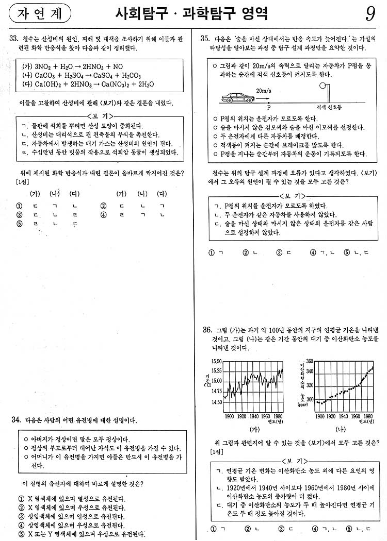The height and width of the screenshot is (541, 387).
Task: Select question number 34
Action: click(x=15, y=420)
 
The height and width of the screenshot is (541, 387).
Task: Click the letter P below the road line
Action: click(x=269, y=108)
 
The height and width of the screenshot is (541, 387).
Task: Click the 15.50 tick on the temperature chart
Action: click(x=217, y=362)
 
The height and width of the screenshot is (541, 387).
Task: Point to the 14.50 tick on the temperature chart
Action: click(x=217, y=402)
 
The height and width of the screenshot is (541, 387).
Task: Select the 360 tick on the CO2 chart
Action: click(x=310, y=361)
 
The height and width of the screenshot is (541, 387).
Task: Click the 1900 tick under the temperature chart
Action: click(x=230, y=416)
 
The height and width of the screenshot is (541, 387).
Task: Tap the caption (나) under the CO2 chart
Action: click(x=340, y=429)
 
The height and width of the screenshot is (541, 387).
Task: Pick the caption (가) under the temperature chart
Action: click(x=253, y=429)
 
